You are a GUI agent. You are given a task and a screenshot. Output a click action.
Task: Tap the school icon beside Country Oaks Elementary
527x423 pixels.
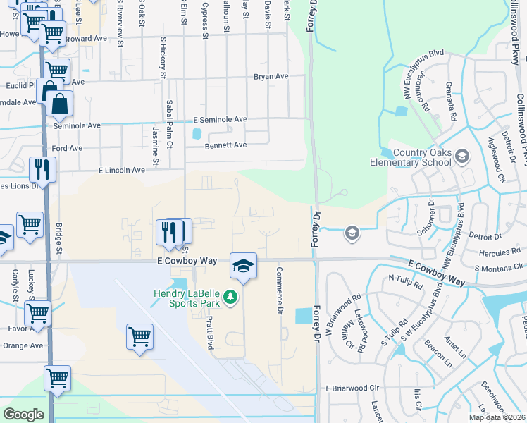click(x=462, y=156)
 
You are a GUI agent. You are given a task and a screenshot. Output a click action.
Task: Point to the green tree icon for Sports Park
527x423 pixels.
click(x=229, y=300)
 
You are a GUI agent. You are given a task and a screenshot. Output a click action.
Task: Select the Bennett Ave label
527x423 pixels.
click(x=225, y=145)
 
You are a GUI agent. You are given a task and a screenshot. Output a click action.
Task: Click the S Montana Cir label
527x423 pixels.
click(x=499, y=267)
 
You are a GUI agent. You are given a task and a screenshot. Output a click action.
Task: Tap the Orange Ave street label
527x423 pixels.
click(x=23, y=345)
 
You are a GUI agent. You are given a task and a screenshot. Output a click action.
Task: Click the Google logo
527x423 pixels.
click(x=23, y=415)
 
